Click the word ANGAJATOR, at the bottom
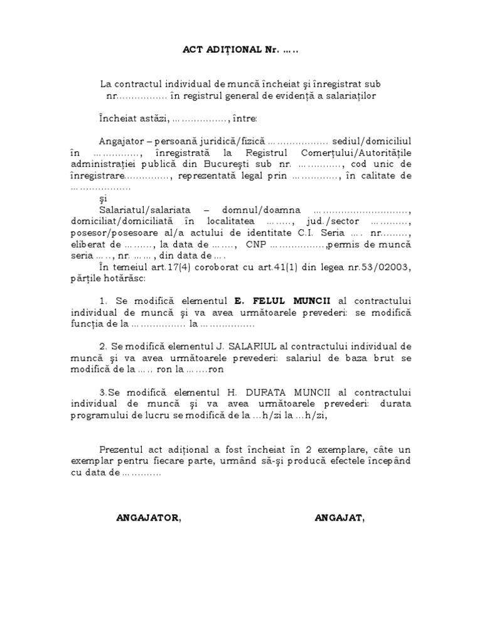coord(149,518)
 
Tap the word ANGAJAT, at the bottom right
coord(339,518)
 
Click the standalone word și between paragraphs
coord(104,199)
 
